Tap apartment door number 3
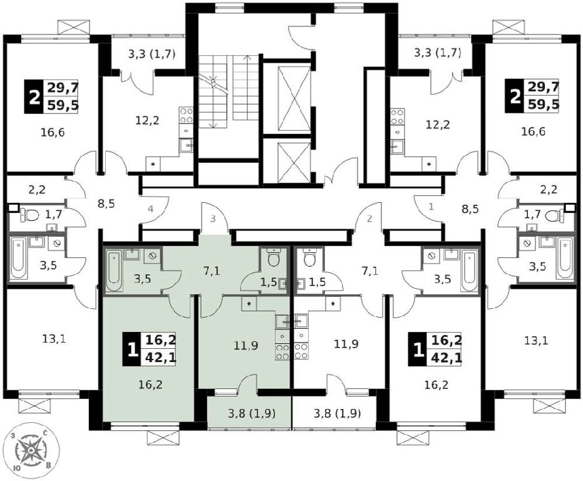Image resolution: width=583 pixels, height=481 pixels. point(213,219)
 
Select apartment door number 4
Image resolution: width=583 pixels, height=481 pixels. point(150,209)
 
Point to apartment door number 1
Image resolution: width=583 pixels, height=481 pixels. point(431,207)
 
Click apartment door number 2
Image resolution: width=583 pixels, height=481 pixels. point(369,219)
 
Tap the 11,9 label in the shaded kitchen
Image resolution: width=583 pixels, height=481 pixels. point(246,346)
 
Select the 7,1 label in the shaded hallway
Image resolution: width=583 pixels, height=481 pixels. point(211,271)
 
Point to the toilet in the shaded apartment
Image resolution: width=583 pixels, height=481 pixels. point(274,258)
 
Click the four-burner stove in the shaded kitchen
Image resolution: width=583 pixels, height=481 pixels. point(282,352)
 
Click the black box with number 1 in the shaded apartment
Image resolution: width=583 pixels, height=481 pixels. point(132,349)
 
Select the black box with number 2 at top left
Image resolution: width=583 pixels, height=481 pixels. point(34,96)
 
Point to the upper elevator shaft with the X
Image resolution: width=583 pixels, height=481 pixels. point(294,98)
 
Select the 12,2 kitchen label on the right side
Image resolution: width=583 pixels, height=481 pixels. point(437,124)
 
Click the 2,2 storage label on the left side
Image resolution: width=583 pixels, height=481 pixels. point(36,190)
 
